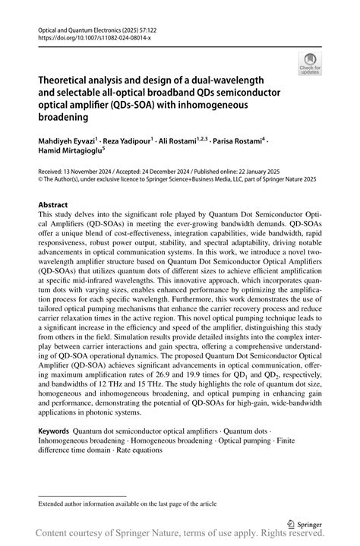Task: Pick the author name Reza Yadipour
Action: pyautogui.click(x=128, y=142)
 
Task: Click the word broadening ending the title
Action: pyautogui.click(x=62, y=118)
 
